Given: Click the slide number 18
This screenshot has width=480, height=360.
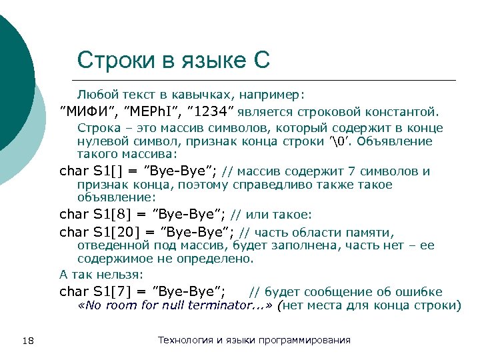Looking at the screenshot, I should point(28,341).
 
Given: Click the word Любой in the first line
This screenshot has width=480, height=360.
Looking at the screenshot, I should point(93,94).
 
